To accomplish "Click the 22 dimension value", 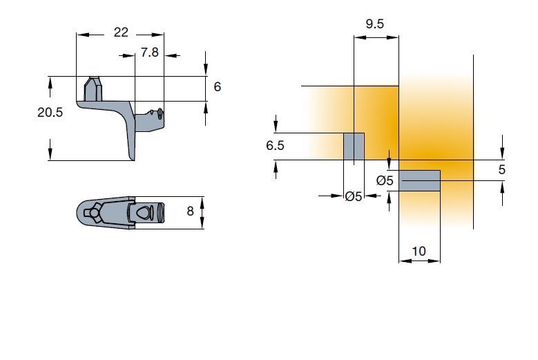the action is point(121,32).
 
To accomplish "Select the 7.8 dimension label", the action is point(150,52).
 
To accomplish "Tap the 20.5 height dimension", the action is point(50,112).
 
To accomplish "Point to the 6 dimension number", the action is point(217,87).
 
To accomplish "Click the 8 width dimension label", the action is point(190,211).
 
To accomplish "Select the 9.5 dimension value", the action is point(375,24).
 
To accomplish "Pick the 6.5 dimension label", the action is point(275,146).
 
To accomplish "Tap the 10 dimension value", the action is point(419,252).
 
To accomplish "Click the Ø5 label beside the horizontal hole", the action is point(385,180).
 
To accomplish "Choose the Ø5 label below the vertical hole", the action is point(354,197).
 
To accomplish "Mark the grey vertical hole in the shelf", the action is point(354,146).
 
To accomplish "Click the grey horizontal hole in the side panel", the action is point(419,180).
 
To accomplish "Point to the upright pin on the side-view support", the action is point(93,88).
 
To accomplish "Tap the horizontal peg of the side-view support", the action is point(150,120).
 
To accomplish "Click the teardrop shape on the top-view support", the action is point(144,212).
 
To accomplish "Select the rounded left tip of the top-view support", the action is point(78,213).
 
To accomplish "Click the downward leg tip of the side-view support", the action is point(132,158).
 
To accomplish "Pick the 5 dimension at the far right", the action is point(501,169).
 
